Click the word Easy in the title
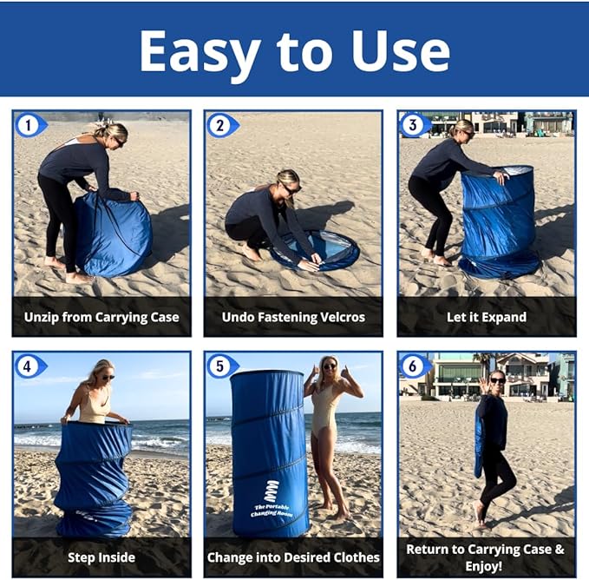pos(200,53)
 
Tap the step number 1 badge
pos(30,125)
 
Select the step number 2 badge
pos(221,125)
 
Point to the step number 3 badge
pos(415,125)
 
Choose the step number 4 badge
pos(30,366)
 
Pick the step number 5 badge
pos(221,366)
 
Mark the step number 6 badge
pos(415,366)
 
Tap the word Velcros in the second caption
pos(342,317)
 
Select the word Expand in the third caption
pos(504,318)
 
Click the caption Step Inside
pos(101,557)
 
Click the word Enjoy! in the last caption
pos(484,566)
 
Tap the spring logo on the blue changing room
pos(272,491)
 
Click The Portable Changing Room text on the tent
pos(272,511)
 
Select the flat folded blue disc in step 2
pos(315,250)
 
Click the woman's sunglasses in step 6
pos(498,380)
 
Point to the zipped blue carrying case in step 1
pos(113,235)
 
